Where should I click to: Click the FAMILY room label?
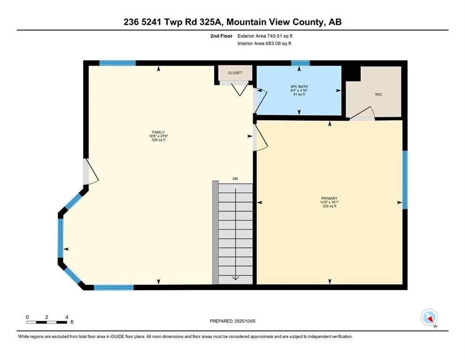point(158,132)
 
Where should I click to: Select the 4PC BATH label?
point(299,87)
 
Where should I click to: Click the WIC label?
point(378,94)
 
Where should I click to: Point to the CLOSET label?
point(235,73)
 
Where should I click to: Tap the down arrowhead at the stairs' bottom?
point(235,278)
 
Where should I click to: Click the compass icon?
point(429,318)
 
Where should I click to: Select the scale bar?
point(47,322)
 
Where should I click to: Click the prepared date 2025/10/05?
point(232,321)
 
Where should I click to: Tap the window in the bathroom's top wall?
point(300,63)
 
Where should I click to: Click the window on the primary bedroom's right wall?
point(405,180)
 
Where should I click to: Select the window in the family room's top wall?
point(118,63)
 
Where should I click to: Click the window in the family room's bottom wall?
point(114,287)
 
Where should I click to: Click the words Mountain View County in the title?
point(277,22)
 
